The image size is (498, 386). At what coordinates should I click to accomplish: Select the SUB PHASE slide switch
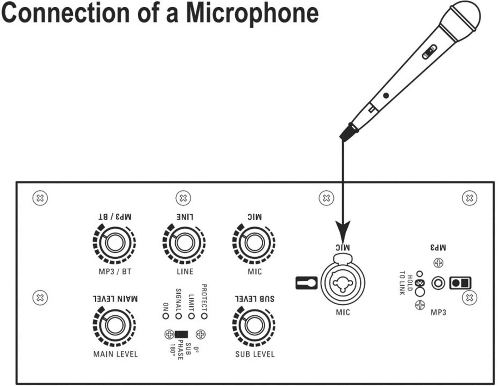click(181, 334)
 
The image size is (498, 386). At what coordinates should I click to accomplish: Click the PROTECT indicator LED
click(204, 316)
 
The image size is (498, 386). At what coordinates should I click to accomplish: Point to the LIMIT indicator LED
click(191, 316)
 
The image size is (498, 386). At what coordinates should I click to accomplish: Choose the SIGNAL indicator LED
click(178, 316)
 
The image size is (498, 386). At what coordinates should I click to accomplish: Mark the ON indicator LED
click(165, 316)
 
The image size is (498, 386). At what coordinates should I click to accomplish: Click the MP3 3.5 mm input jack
click(438, 284)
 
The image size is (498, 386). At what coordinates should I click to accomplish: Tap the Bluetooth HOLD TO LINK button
click(421, 291)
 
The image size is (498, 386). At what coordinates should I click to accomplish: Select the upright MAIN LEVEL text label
click(115, 354)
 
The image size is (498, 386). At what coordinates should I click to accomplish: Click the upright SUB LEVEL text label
click(255, 354)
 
